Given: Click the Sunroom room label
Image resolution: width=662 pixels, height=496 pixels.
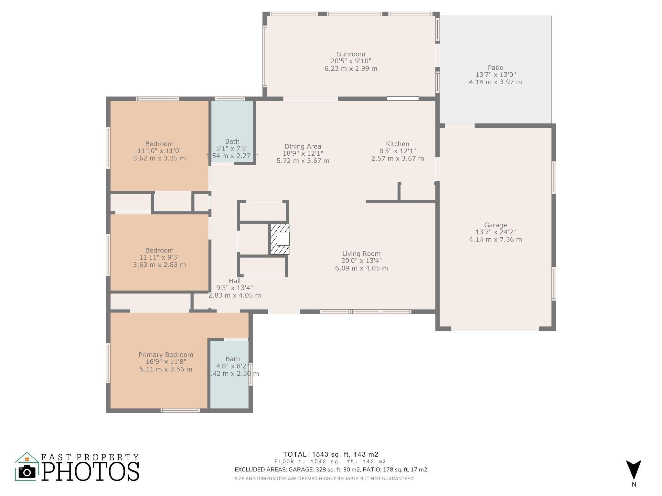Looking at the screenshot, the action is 351,54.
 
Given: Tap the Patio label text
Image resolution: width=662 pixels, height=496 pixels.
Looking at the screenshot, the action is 496,67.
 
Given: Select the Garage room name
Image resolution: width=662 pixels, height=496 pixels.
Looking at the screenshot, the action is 496,225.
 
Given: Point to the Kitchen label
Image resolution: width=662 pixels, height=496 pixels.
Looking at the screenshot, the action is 398,144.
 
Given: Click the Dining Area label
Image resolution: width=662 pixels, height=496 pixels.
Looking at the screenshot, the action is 303,146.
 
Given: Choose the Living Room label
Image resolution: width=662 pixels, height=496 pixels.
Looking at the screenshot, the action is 361,254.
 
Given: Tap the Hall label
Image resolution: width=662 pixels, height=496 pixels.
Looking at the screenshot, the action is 235,281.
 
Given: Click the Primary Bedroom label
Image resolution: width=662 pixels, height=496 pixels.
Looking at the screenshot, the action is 166,355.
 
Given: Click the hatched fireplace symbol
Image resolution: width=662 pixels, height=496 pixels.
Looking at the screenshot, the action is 280,239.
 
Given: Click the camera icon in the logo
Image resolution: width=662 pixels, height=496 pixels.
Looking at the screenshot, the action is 27,472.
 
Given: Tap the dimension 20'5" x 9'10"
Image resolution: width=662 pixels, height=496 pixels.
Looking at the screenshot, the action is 351,61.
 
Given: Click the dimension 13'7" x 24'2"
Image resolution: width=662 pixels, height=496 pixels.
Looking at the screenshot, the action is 496,232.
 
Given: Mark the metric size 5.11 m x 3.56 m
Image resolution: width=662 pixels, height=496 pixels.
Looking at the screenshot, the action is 166,369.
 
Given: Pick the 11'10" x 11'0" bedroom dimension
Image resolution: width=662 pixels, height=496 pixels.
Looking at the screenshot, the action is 159,151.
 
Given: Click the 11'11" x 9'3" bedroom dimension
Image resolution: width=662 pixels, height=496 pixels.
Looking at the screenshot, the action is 159,257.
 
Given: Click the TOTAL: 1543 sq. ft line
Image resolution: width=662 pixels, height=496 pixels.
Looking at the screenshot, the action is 331,454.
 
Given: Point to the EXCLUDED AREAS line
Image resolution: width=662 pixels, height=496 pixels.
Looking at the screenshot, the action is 331,470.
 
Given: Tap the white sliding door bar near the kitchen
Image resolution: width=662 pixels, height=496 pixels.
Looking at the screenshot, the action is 403,98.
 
